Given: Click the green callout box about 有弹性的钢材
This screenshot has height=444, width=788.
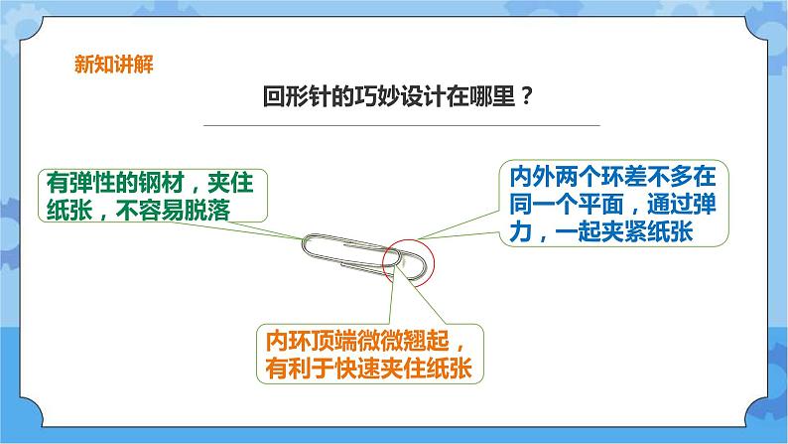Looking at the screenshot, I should pos(158,196).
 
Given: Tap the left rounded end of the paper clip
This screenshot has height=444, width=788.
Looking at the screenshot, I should pos(311,247).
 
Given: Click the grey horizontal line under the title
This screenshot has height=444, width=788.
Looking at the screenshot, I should pos(401,125).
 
